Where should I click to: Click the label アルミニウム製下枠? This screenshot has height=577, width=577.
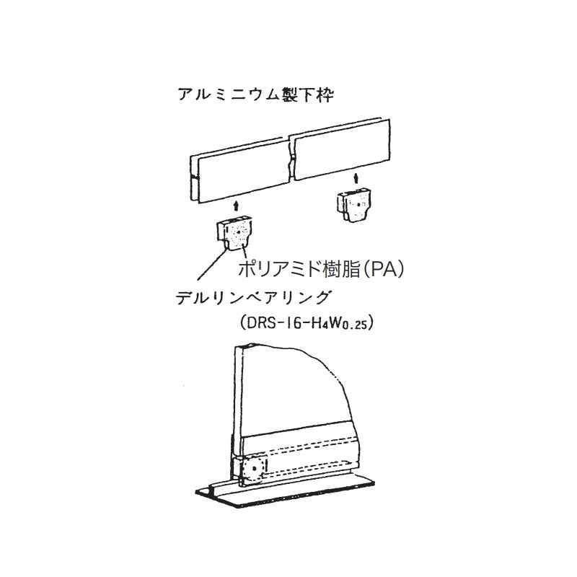point(255,94)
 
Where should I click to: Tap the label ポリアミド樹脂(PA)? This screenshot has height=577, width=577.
point(321,269)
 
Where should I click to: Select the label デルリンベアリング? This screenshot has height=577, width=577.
point(252,297)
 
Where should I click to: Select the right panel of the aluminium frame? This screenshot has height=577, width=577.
point(340,150)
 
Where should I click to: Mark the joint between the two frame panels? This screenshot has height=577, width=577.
point(292,159)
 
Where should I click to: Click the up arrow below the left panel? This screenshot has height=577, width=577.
point(237,206)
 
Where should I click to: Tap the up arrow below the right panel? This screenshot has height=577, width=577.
point(356,178)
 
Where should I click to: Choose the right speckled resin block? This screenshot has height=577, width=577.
point(354,205)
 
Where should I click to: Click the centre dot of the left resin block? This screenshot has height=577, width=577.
point(239,232)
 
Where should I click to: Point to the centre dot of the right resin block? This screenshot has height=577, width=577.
point(358,204)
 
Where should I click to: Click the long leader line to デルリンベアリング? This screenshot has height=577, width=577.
point(211,264)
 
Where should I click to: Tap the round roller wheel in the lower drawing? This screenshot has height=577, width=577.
point(254,470)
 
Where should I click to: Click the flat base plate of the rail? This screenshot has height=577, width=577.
point(285,493)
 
